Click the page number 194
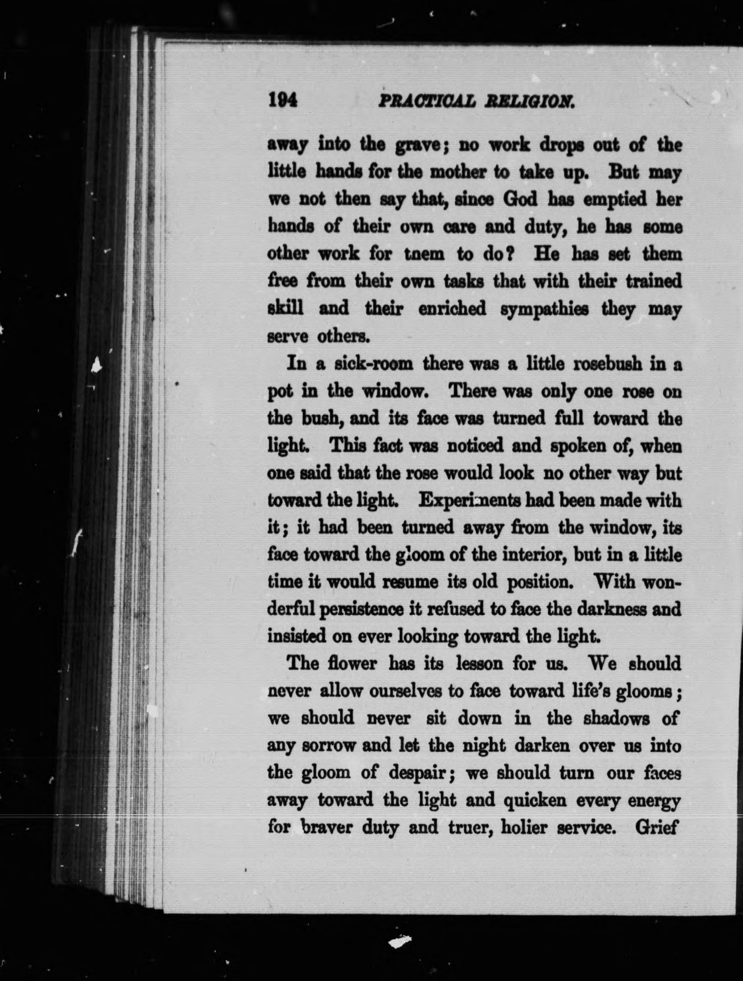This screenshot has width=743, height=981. click(x=282, y=100)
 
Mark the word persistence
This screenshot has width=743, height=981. click(x=360, y=609)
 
